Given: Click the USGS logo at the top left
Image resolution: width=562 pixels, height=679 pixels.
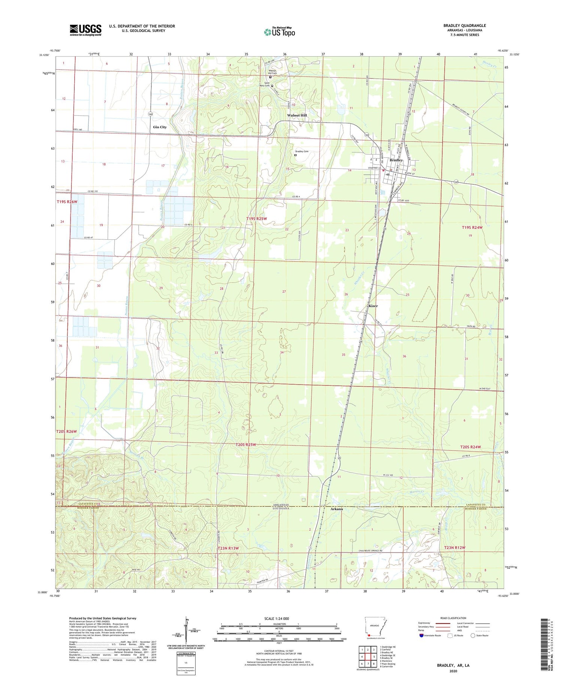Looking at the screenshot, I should pyautogui.click(x=85, y=30).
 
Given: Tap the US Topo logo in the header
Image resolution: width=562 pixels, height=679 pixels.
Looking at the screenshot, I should pyautogui.click(x=280, y=32).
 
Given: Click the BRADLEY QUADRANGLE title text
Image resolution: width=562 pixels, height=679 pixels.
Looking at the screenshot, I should pyautogui.click(x=464, y=25).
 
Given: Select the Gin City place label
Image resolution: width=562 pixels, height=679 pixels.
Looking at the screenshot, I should pyautogui.click(x=160, y=127).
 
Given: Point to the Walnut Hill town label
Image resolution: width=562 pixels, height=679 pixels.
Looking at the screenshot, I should pyautogui.click(x=297, y=115).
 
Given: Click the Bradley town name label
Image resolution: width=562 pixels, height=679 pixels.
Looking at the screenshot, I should pyautogui.click(x=396, y=160).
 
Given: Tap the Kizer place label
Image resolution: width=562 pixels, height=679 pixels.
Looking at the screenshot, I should pyautogui.click(x=373, y=306).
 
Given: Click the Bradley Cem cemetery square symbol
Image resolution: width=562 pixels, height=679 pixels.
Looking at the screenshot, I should pyautogui.click(x=295, y=155).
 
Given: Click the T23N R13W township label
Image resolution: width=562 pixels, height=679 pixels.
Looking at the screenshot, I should pyautogui.click(x=228, y=548).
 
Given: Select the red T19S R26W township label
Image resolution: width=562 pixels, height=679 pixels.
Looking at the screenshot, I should pyautogui.click(x=67, y=202).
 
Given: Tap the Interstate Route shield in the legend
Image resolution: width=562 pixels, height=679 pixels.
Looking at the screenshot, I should pyautogui.click(x=421, y=635).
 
